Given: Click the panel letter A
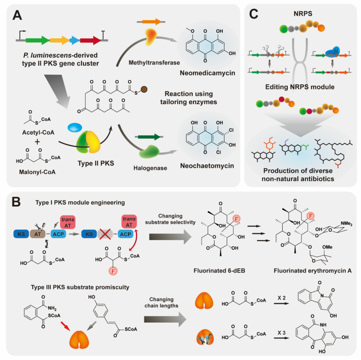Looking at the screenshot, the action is point(17,16).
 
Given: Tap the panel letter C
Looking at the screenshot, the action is point(254,14).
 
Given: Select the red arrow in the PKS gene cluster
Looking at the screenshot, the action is point(90,41).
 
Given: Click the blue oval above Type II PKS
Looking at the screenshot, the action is point(75,127).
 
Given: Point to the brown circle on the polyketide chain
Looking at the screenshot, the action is point(144,89).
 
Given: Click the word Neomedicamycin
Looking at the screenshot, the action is point(207,73).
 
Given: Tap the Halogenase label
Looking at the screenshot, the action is point(150,168).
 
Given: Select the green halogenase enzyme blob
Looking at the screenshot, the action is point(149,151).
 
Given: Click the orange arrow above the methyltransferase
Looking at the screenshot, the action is point(152,22).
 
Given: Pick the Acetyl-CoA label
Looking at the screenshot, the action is point(38,133).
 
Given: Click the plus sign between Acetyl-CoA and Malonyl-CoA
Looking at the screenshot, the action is point(37,142).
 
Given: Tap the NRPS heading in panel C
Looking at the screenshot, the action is point(303,14).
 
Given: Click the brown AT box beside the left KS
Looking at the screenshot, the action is point(38,234).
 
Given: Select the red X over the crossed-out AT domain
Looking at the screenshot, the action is point(105,234).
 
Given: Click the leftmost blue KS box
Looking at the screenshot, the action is point(21,234).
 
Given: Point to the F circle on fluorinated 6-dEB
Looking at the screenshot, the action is point(236,218).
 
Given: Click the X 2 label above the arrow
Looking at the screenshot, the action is point(281,298).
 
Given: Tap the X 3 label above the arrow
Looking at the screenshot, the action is point(281,333).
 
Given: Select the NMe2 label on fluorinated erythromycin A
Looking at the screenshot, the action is point(346,223).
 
